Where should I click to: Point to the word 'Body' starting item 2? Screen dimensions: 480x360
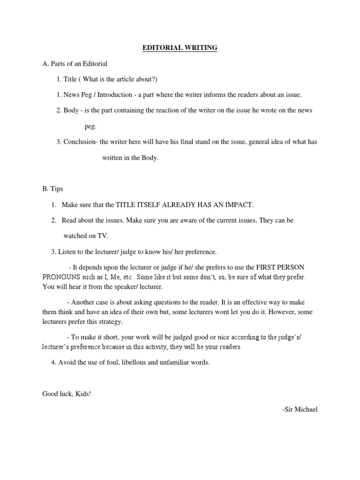[x=71, y=110]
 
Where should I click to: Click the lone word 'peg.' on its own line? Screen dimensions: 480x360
[x=90, y=126]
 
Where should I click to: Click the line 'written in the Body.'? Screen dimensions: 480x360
[x=130, y=158]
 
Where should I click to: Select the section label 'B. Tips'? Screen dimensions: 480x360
[x=52, y=189]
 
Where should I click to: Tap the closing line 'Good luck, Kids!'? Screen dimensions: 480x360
[x=67, y=394]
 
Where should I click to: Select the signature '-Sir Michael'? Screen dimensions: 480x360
[x=300, y=410]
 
